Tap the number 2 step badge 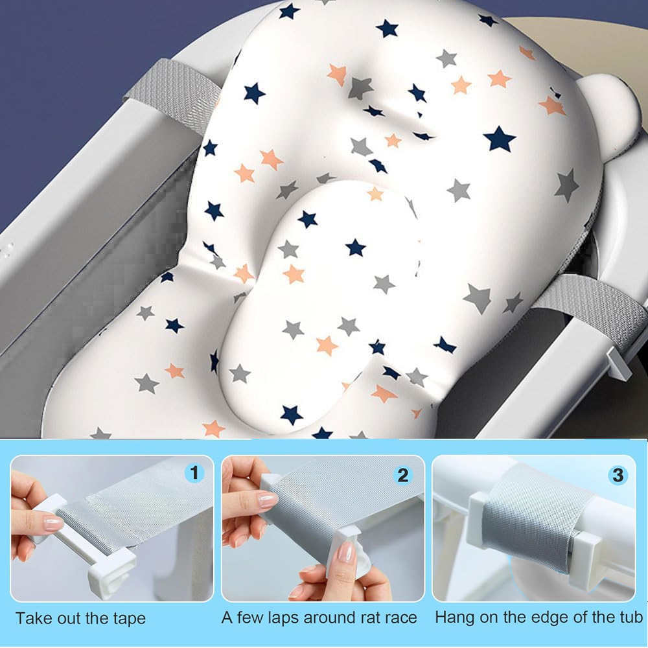[x=403, y=475]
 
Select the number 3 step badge [x=618, y=475]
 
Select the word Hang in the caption [x=455, y=618]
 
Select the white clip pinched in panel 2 [x=350, y=548]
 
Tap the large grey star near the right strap [x=478, y=297]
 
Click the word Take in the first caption [x=33, y=618]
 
